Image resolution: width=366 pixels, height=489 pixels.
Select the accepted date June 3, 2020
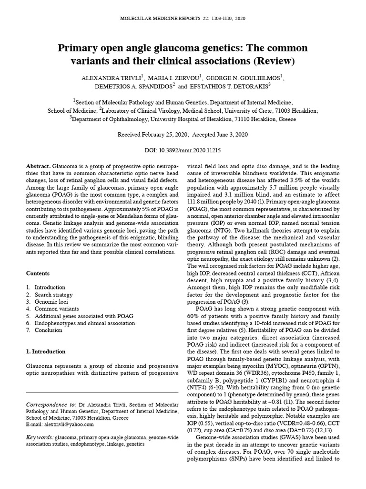point(231,135)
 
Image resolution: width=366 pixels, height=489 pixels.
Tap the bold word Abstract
point(38,165)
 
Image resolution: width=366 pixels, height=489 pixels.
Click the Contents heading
point(38,273)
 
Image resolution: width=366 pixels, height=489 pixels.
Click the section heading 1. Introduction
point(45,351)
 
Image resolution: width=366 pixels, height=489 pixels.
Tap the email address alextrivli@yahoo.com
point(66,424)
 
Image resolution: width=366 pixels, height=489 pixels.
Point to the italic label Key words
point(39,437)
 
